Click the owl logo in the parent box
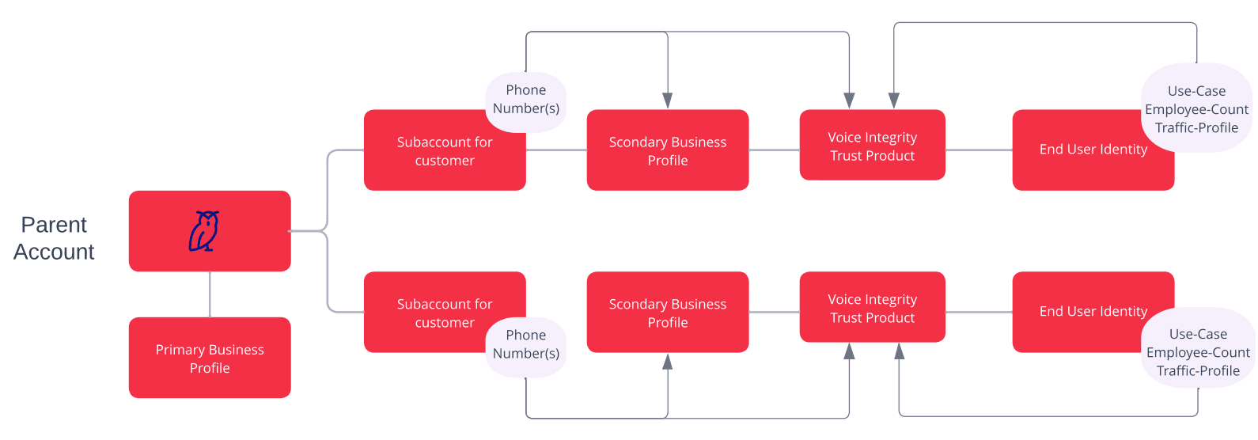coord(204,231)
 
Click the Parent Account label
coord(54,238)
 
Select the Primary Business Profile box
coord(210,358)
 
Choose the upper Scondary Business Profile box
coord(668,150)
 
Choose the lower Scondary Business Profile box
coord(668,313)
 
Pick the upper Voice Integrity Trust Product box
coord(872,146)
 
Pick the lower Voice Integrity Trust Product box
coord(872,308)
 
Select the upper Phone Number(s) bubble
coord(526,100)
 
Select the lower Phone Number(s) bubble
coord(526,345)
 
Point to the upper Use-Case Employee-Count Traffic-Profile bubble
coord(1196,109)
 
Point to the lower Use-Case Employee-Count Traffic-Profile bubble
coord(1198,352)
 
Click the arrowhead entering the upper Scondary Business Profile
coord(668,101)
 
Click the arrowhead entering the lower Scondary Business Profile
coord(668,362)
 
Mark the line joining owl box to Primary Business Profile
coord(210,294)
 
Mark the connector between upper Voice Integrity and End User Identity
coord(979,150)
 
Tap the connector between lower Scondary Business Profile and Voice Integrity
coord(774,312)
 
